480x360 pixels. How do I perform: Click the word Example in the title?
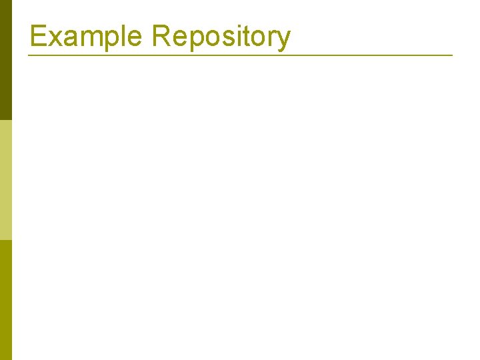[86, 36]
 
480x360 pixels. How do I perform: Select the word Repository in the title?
[221, 36]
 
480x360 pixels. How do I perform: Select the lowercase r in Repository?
[271, 37]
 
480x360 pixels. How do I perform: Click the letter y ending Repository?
[283, 39]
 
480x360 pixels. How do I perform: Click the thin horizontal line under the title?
[240, 55]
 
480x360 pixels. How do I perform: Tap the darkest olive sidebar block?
[6, 60]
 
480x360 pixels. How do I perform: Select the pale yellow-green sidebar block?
[6, 180]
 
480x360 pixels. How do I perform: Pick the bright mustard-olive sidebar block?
[6, 300]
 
